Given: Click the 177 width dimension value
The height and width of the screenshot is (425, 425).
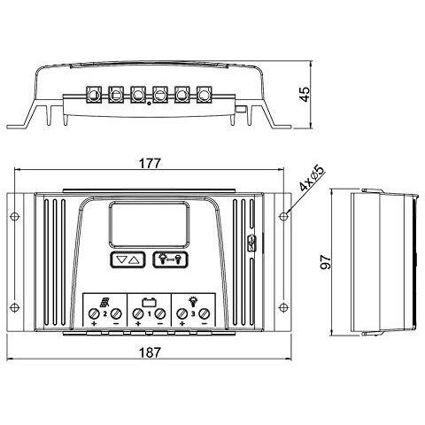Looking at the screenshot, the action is pos(150,163).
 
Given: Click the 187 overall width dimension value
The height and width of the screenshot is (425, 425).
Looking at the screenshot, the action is pos(150,352).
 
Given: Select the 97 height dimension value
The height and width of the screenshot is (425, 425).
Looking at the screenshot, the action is pos(326,262).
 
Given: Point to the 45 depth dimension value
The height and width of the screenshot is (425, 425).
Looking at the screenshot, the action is pos(305,94).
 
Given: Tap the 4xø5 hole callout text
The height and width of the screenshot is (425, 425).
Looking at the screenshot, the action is pos(312,178).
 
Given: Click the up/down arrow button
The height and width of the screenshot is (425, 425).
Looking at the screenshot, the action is pos(127,259).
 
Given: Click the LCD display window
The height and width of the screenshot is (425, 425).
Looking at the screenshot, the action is pos(150,225).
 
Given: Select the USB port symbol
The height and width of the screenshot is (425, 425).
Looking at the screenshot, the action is pos(251,243).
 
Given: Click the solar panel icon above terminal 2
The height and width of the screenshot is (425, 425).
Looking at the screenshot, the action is pos(104,302).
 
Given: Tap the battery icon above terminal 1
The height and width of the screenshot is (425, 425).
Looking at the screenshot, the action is pos(149,303).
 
